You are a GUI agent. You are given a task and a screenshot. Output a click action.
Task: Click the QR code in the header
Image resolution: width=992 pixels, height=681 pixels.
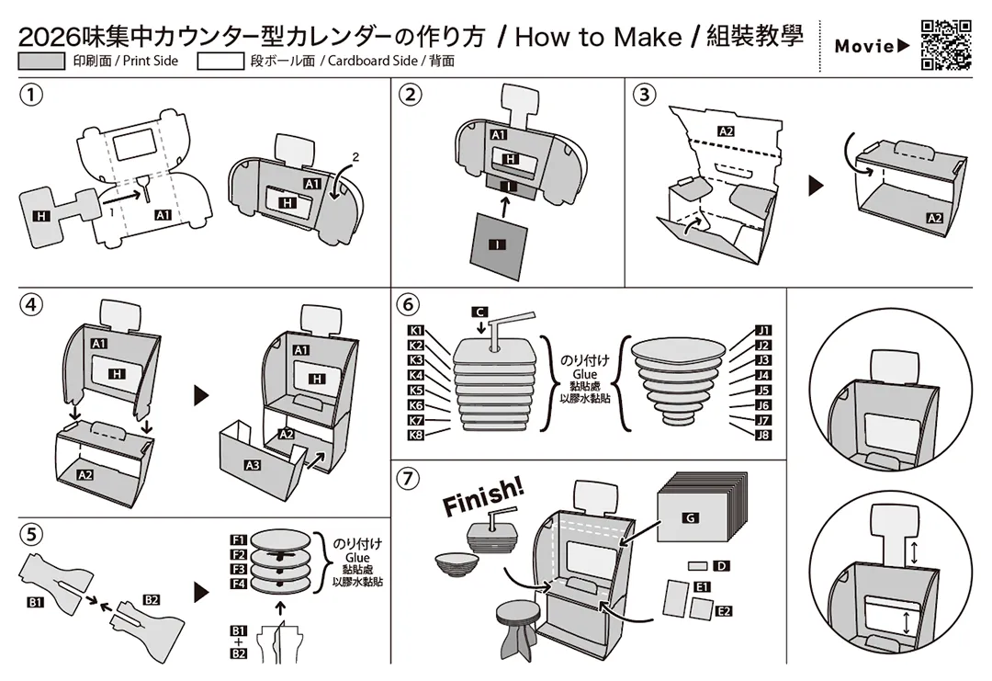point(946,45)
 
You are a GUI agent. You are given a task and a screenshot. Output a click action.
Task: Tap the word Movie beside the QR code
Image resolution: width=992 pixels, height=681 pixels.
point(865,46)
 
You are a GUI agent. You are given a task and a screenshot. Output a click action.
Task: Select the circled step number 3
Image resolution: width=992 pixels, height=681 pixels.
point(644,95)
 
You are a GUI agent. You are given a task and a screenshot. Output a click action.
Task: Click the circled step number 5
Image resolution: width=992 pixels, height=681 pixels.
point(31,535)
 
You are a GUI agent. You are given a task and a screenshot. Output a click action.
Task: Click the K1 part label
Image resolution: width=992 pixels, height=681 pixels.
point(416,330)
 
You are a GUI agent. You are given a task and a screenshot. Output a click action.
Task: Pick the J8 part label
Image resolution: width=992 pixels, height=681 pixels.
point(763,435)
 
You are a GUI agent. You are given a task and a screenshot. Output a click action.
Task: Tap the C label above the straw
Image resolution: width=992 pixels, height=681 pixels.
point(480,312)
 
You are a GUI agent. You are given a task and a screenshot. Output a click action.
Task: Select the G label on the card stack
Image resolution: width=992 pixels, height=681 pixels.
point(690,517)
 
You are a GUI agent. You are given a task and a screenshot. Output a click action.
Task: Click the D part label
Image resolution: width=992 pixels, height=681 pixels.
point(721,566)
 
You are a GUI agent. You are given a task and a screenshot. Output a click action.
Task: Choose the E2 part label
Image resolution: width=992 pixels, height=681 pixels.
point(724,611)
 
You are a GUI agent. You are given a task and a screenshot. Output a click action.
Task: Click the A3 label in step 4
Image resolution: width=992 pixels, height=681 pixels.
point(253,465)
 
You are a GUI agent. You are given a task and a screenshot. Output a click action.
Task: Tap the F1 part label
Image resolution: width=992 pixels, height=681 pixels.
point(238,539)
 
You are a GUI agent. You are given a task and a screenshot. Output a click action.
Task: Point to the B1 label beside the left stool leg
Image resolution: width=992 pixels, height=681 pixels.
point(36,603)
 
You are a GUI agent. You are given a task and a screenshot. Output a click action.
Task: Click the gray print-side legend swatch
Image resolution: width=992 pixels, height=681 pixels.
point(41,62)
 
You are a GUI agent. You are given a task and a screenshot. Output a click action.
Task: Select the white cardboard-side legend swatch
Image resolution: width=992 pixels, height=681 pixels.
point(220,62)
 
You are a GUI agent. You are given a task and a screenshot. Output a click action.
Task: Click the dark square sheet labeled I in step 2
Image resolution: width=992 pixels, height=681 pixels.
point(499,245)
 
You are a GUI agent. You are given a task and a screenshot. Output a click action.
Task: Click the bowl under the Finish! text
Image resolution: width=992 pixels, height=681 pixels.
point(457,564)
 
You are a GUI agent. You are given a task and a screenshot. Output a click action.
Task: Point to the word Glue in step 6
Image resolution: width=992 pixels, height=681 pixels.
point(584,374)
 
